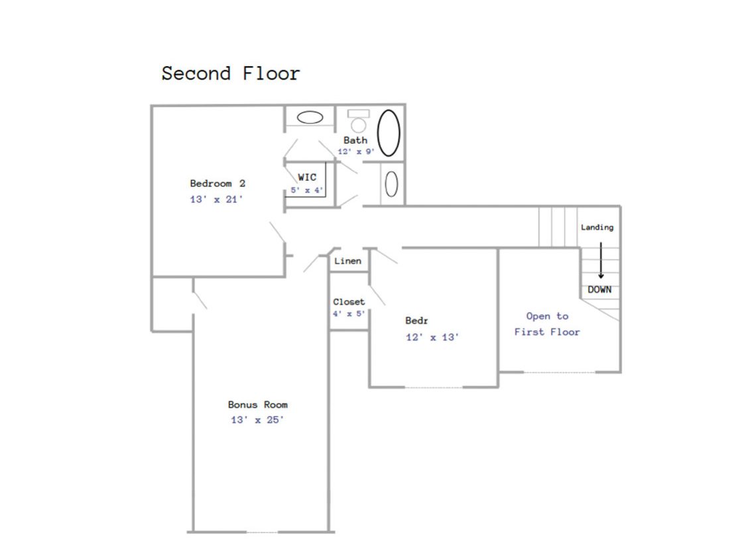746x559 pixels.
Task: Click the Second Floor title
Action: point(231,74)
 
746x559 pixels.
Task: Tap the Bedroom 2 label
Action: point(218,183)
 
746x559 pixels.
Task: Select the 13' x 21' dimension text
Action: point(216,199)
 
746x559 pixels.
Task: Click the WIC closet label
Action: point(307,178)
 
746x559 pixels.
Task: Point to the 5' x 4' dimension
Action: point(307,190)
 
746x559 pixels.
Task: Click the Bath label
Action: point(355,140)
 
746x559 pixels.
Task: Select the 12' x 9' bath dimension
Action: point(356,152)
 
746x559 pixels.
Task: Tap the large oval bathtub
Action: point(389,133)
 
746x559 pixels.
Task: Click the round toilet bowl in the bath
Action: point(359,125)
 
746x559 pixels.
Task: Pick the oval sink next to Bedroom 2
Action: point(310,117)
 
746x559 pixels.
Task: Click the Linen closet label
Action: point(347,261)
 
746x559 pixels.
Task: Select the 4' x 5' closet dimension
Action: point(349,314)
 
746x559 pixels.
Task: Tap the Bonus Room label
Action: point(258,405)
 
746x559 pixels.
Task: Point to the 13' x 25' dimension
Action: point(257,420)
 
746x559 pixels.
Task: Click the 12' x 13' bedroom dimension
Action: point(432,338)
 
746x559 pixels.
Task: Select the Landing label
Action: point(597,228)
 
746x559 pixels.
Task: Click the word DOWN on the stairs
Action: point(599,289)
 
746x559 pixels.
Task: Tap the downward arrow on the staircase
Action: point(601,260)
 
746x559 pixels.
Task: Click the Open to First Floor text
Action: point(547,324)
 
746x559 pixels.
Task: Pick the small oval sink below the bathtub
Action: point(391,184)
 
